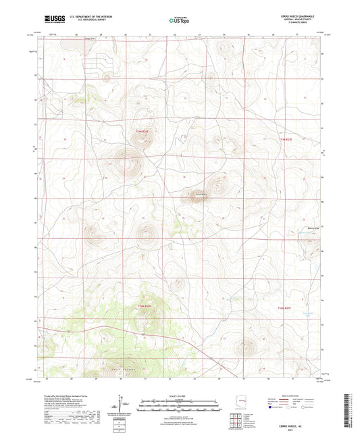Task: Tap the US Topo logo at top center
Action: pos(179,21)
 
